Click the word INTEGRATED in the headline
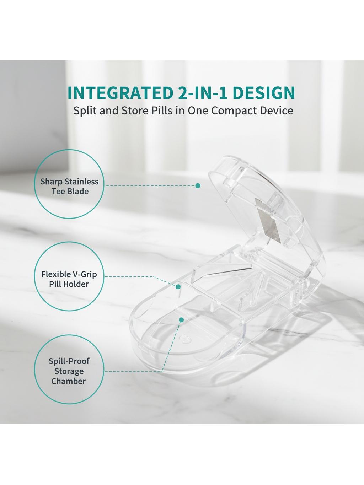tap(120, 93)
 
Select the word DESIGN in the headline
tap(264, 93)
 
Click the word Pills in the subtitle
tap(161, 111)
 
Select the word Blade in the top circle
tap(78, 192)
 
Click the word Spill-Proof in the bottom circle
tap(69, 361)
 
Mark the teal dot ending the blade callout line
tap(198, 185)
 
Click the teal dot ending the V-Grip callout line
tap(178, 287)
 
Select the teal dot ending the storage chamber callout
tap(181, 320)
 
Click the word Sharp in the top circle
tap(52, 182)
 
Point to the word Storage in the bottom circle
tap(69, 371)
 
